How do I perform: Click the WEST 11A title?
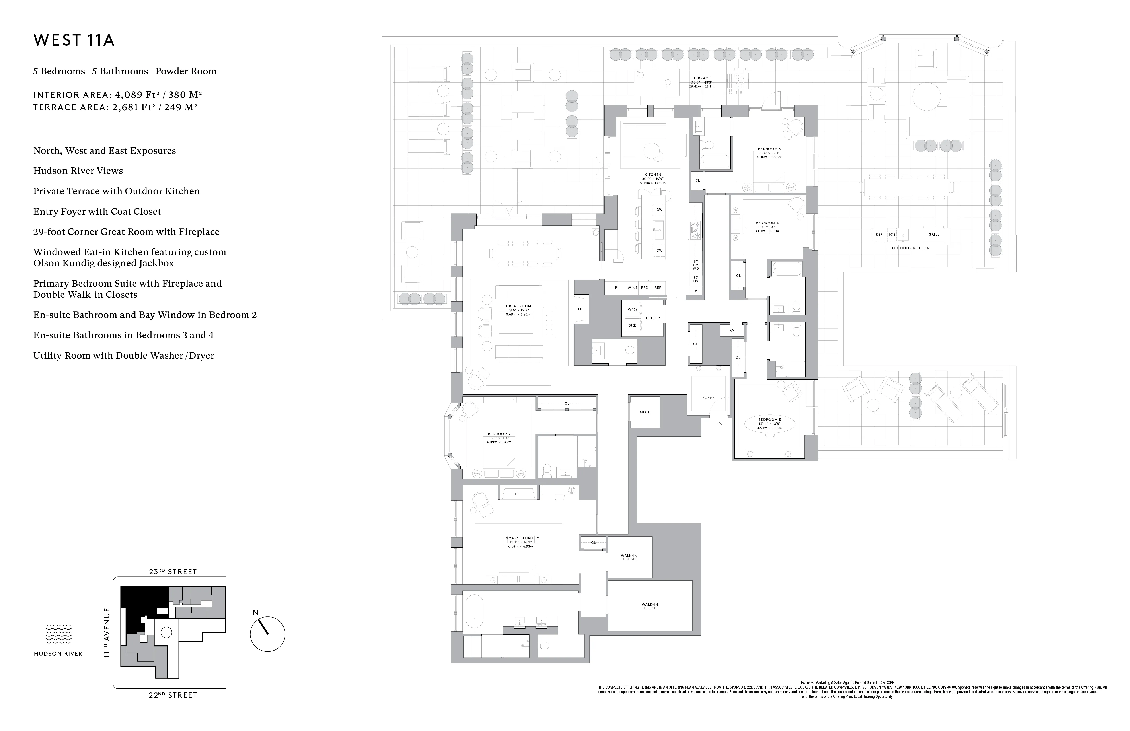click(x=74, y=40)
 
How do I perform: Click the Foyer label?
click(x=708, y=398)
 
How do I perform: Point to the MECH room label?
click(x=645, y=412)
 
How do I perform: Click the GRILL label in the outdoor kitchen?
click(x=934, y=235)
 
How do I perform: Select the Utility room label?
click(x=653, y=318)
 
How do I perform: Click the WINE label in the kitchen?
click(x=632, y=288)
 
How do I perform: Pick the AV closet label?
click(x=732, y=330)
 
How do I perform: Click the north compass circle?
click(x=267, y=634)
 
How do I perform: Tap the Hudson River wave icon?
click(x=58, y=634)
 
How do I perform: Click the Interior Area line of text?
click(x=118, y=95)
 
